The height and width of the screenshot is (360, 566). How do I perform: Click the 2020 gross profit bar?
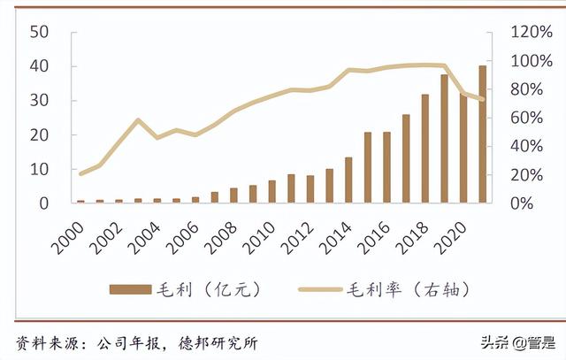tap(463, 148)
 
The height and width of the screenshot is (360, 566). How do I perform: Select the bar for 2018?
tap(425, 149)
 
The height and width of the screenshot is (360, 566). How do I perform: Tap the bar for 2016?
tap(387, 167)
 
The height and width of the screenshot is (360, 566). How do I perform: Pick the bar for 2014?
tap(348, 180)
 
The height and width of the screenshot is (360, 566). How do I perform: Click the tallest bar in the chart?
tap(483, 134)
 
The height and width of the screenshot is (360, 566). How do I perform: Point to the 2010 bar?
tap(272, 191)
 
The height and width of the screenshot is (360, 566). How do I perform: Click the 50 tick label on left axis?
tap(39, 32)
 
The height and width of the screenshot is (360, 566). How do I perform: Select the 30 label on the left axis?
tap(39, 100)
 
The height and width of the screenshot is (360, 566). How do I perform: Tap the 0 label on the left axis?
tap(43, 203)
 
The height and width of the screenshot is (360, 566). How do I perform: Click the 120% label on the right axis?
tap(532, 32)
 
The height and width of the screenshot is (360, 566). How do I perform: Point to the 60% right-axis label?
tap(527, 118)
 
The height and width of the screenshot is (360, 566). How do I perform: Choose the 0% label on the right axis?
tap(522, 203)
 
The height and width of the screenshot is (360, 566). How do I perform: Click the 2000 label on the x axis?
tap(69, 237)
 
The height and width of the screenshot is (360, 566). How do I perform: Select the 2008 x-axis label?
tap(221, 237)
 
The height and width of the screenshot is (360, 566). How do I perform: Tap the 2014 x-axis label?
tap(336, 237)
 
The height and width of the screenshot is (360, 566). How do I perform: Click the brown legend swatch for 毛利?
tap(130, 289)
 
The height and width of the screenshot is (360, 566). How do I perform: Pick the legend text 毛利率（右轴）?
tap(409, 289)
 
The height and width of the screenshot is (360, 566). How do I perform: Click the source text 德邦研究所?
tap(218, 343)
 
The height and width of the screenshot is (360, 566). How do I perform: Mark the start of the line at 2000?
tap(80, 173)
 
